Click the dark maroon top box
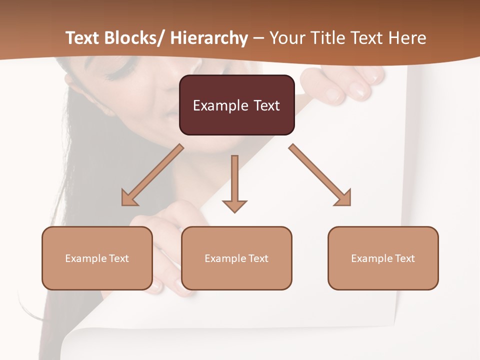pos(236,105)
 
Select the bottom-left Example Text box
pos(97,258)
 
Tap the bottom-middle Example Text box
pos(236,258)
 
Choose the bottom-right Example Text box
pos(383,258)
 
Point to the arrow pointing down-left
pos(152,175)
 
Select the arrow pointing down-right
pos(320,175)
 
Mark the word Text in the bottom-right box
pos(405,258)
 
